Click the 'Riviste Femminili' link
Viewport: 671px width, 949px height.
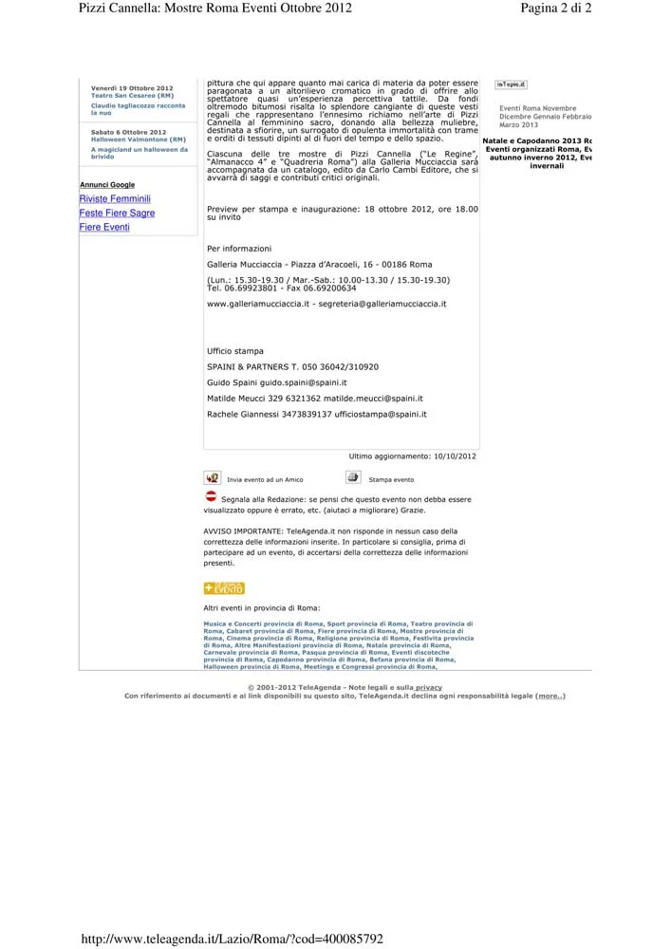[x=115, y=199]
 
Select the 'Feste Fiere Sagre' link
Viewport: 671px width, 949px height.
[x=117, y=214]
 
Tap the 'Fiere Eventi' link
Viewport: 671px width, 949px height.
[x=104, y=228]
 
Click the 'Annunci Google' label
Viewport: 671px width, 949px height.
[x=107, y=185]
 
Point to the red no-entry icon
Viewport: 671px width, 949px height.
[x=211, y=495]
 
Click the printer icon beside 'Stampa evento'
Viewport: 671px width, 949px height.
[x=353, y=477]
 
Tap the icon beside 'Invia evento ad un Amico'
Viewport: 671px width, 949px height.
[x=212, y=477]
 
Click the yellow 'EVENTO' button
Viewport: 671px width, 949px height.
[x=224, y=588]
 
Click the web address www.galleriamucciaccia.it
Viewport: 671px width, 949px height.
[x=258, y=304]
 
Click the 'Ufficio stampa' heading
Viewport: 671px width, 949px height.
[x=235, y=351]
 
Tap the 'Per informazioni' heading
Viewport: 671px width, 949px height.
[x=239, y=249]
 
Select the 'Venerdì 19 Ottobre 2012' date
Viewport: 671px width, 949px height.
[x=132, y=88]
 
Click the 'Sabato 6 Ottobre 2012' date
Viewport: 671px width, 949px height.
[x=129, y=132]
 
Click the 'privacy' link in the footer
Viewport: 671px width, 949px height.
[x=428, y=687]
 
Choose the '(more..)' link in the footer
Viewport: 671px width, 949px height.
[x=550, y=696]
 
